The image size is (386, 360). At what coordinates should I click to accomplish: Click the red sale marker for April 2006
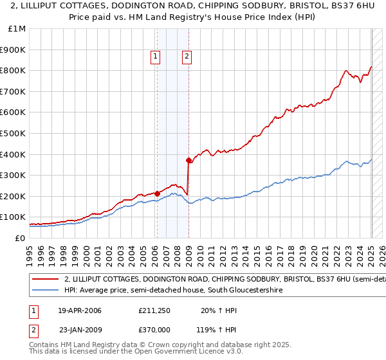coord(158,193)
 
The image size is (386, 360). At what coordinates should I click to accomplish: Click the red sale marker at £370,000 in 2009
coord(189,160)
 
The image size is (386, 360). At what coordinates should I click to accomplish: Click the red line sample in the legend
coord(45,280)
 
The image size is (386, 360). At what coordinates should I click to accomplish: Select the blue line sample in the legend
coord(45,291)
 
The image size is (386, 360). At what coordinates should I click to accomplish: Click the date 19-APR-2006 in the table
coord(80,310)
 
